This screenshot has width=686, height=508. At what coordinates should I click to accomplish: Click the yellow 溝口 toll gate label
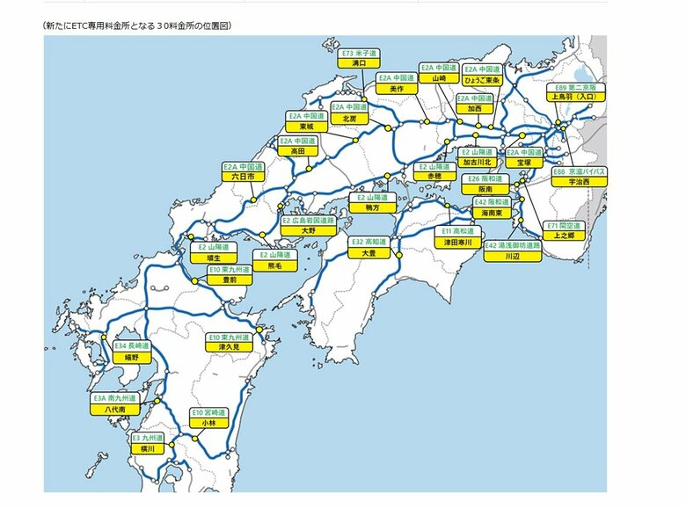[358, 63]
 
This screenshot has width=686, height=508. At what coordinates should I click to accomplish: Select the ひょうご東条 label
[482, 80]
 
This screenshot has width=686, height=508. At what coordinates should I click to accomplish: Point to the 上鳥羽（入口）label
[576, 98]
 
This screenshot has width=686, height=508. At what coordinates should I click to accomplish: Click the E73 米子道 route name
[358, 53]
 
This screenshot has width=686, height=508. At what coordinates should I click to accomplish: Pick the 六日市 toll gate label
[242, 177]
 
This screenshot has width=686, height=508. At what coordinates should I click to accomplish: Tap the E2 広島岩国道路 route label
[308, 220]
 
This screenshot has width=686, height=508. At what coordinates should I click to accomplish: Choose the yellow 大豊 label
[369, 252]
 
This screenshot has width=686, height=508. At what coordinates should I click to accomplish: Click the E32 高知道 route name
[369, 242]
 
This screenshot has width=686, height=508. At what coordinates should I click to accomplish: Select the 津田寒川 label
[458, 242]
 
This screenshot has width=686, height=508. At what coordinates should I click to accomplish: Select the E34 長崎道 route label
[132, 346]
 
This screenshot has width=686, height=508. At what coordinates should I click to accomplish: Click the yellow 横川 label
[148, 448]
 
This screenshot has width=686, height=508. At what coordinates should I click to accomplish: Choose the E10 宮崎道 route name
[208, 412]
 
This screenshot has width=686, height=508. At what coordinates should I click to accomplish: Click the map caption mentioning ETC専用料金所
[135, 26]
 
